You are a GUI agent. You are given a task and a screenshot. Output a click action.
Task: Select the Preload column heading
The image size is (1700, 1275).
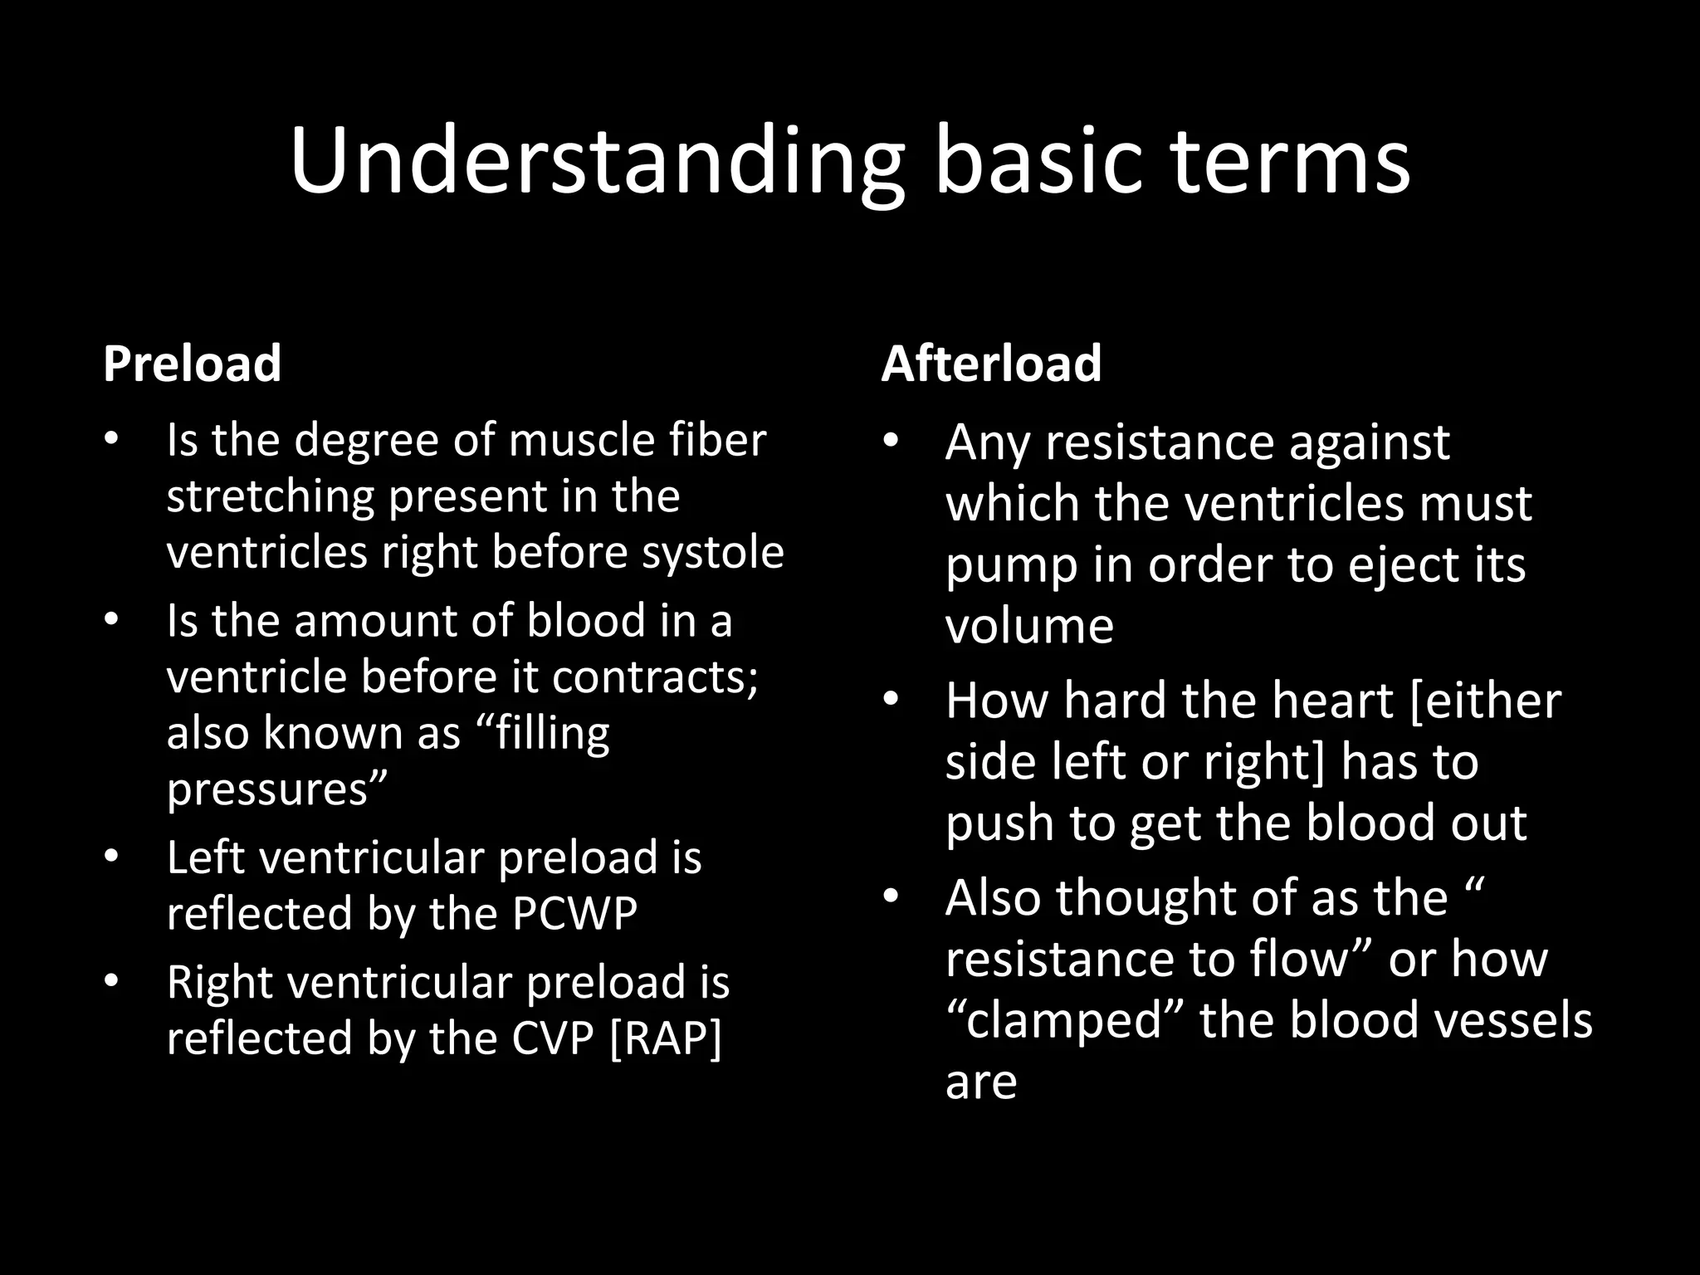click(193, 364)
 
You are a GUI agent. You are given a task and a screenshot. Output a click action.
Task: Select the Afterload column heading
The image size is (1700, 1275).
click(991, 364)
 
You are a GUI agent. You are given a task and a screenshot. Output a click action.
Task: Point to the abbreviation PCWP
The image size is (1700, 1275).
click(574, 913)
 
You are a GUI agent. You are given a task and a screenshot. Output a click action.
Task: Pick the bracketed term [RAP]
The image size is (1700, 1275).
click(666, 1038)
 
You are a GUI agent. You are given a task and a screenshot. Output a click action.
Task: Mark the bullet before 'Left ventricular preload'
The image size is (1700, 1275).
click(112, 856)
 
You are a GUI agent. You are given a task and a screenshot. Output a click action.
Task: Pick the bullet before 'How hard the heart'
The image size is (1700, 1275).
click(892, 700)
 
